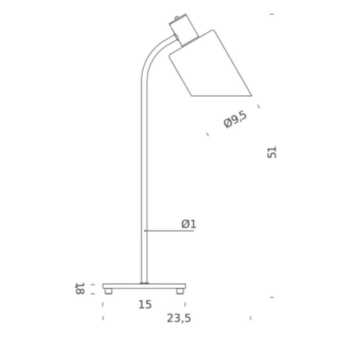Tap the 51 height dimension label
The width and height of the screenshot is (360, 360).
coord(272,152)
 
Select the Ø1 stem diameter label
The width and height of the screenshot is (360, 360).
coord(189,224)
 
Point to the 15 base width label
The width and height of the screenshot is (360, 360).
coord(145,305)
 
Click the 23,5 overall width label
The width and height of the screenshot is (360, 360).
coord(179,319)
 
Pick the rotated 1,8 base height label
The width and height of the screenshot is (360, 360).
coord(80,289)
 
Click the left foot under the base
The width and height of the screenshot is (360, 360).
coord(108,291)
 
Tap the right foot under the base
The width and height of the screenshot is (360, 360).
coord(180,291)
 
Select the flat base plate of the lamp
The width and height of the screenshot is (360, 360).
coord(144,286)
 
